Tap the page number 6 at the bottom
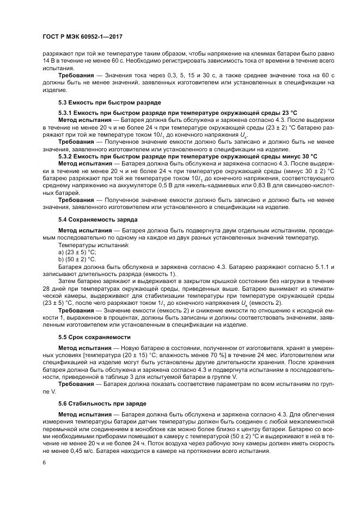(44, 462)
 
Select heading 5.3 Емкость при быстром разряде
(103, 102)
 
